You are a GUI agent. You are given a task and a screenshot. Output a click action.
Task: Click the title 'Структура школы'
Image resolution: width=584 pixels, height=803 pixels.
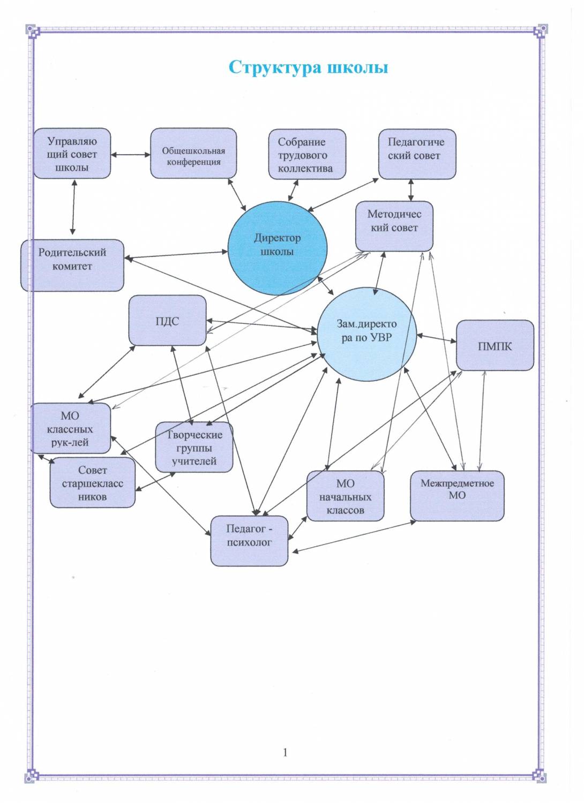click(308, 67)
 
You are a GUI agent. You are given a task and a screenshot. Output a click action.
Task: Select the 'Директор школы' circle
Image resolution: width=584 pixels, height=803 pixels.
click(277, 247)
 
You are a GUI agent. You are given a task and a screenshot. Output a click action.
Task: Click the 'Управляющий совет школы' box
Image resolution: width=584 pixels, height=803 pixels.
click(72, 154)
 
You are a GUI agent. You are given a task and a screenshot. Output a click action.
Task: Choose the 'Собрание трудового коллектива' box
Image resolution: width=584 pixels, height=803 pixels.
click(306, 155)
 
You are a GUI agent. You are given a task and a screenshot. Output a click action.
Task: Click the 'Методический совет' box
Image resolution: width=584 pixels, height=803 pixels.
click(394, 225)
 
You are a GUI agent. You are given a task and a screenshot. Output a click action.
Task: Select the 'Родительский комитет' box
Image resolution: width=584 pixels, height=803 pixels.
click(72, 265)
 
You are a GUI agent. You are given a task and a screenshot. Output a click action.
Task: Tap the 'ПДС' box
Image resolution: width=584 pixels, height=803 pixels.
click(167, 321)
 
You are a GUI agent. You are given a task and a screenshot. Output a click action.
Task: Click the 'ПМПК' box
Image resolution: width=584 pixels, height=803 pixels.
click(495, 345)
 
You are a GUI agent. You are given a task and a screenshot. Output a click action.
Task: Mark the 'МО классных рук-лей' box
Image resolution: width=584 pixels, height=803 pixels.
click(70, 428)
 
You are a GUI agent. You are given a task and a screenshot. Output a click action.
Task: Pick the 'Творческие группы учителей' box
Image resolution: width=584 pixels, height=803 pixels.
click(194, 448)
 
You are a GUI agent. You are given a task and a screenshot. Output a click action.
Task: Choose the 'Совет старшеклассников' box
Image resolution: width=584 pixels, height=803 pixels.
click(92, 482)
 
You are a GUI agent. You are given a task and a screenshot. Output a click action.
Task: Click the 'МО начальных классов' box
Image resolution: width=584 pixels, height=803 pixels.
click(345, 496)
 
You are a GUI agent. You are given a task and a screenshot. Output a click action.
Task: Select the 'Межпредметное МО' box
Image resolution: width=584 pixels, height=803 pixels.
click(457, 495)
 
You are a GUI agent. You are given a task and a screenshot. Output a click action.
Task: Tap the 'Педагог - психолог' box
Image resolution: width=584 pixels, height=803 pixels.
click(249, 541)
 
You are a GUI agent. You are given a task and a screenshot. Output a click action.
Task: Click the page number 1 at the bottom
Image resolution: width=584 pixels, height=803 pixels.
click(285, 752)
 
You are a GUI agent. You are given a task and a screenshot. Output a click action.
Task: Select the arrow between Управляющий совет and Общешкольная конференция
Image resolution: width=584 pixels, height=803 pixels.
click(130, 155)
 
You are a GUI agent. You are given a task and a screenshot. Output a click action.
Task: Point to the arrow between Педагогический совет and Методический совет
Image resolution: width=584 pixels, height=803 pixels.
click(411, 190)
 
